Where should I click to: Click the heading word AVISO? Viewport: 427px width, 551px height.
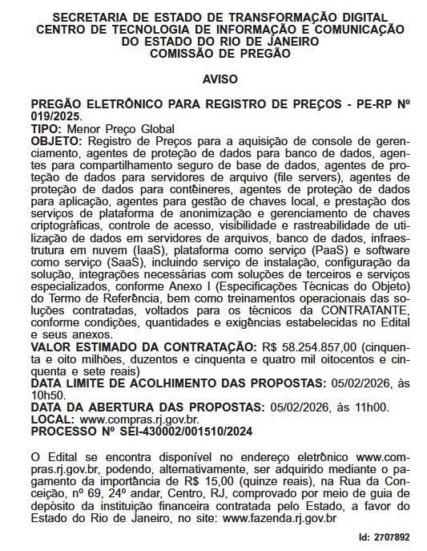point(214,82)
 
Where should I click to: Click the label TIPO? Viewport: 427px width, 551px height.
point(46,128)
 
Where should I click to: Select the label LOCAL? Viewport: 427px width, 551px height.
point(53,419)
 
